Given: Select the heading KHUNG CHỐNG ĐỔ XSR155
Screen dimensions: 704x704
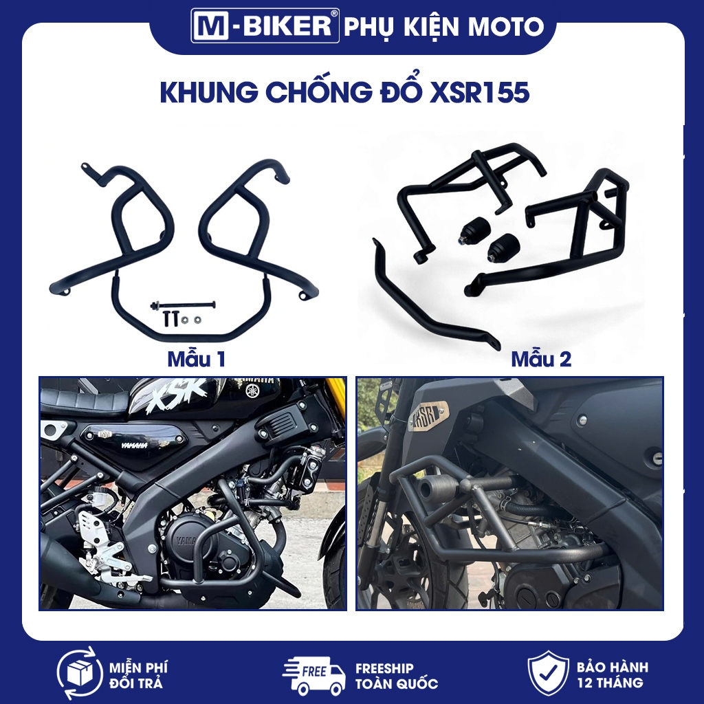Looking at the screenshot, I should [x=344, y=93].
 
